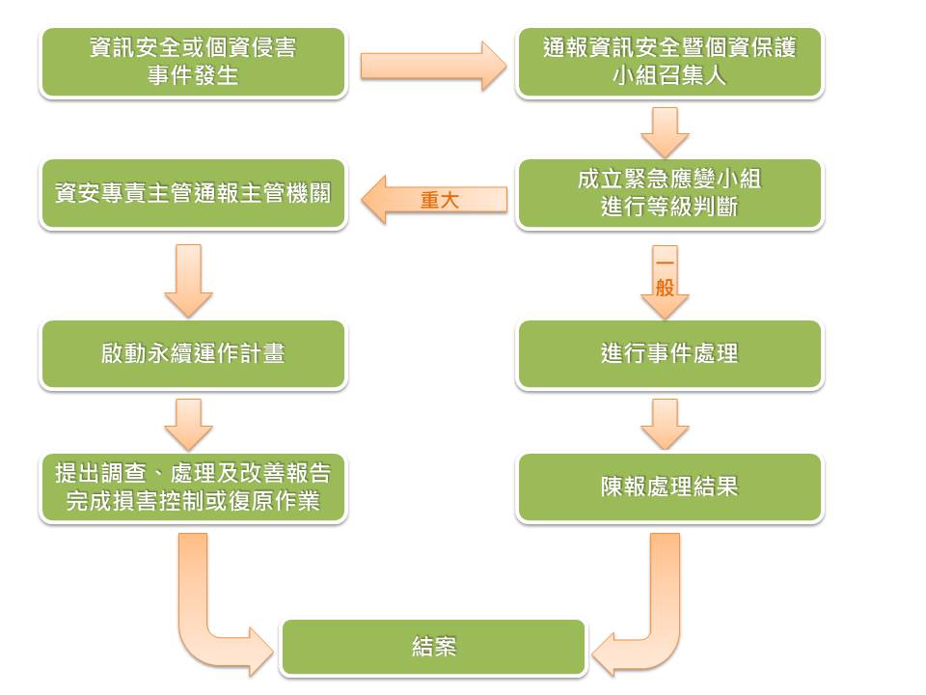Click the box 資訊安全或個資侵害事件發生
pos(193,62)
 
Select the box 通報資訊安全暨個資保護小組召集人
pos(669,62)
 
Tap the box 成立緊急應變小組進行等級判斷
pos(669,193)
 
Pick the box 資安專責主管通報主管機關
pos(193,193)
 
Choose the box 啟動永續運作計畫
pos(193,353)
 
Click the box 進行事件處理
pos(669,353)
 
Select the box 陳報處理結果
pos(669,486)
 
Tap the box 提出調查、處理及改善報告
pos(193,474)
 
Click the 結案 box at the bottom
pos(433,647)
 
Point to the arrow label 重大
pos(440,200)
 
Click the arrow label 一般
pos(665,274)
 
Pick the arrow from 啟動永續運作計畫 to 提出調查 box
pos(189,423)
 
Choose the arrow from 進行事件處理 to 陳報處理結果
pos(666,423)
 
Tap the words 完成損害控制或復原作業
pos(193,502)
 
